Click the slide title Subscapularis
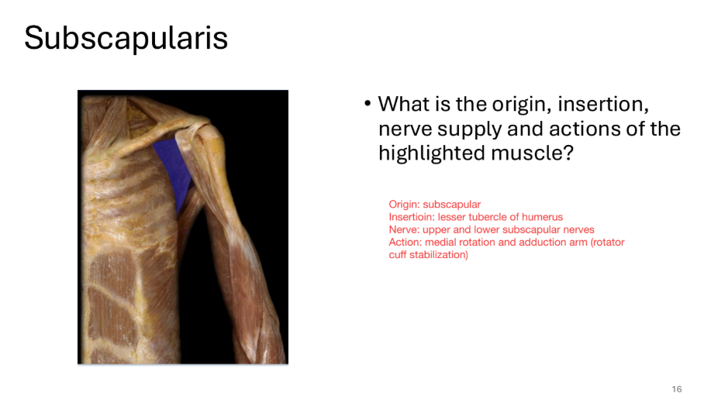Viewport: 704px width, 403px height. (x=126, y=38)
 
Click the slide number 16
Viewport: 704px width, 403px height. (x=677, y=389)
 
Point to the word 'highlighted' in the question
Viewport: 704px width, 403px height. (x=431, y=153)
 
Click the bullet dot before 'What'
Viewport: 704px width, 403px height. (x=368, y=104)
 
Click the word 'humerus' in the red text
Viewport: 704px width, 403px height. (x=544, y=217)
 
